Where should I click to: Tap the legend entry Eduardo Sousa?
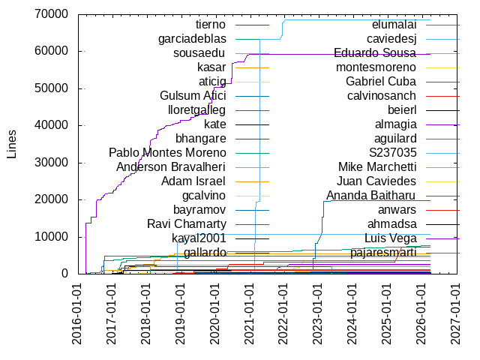375,53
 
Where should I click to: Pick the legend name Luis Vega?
390,238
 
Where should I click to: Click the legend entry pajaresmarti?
382,253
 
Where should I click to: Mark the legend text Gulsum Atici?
193,96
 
